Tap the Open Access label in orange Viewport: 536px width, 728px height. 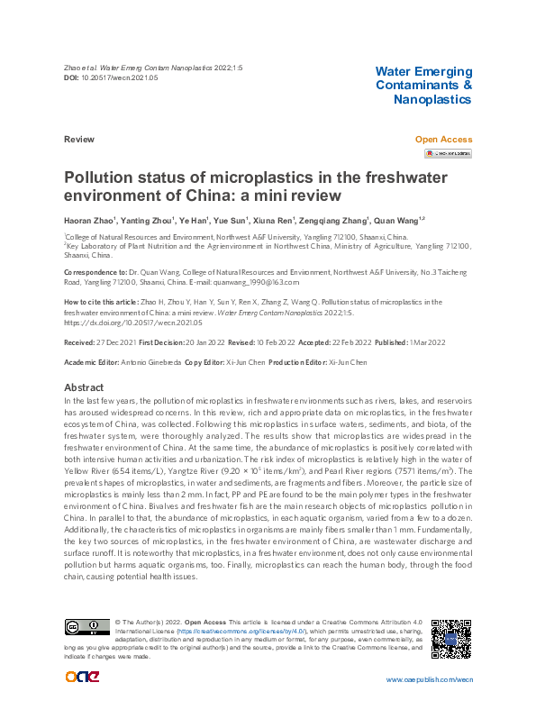(x=443, y=140)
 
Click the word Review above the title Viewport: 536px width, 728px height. (x=79, y=140)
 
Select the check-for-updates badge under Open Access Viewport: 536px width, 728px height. (x=448, y=153)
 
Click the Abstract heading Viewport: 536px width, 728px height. (x=85, y=387)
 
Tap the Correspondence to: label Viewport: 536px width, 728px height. (x=94, y=271)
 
